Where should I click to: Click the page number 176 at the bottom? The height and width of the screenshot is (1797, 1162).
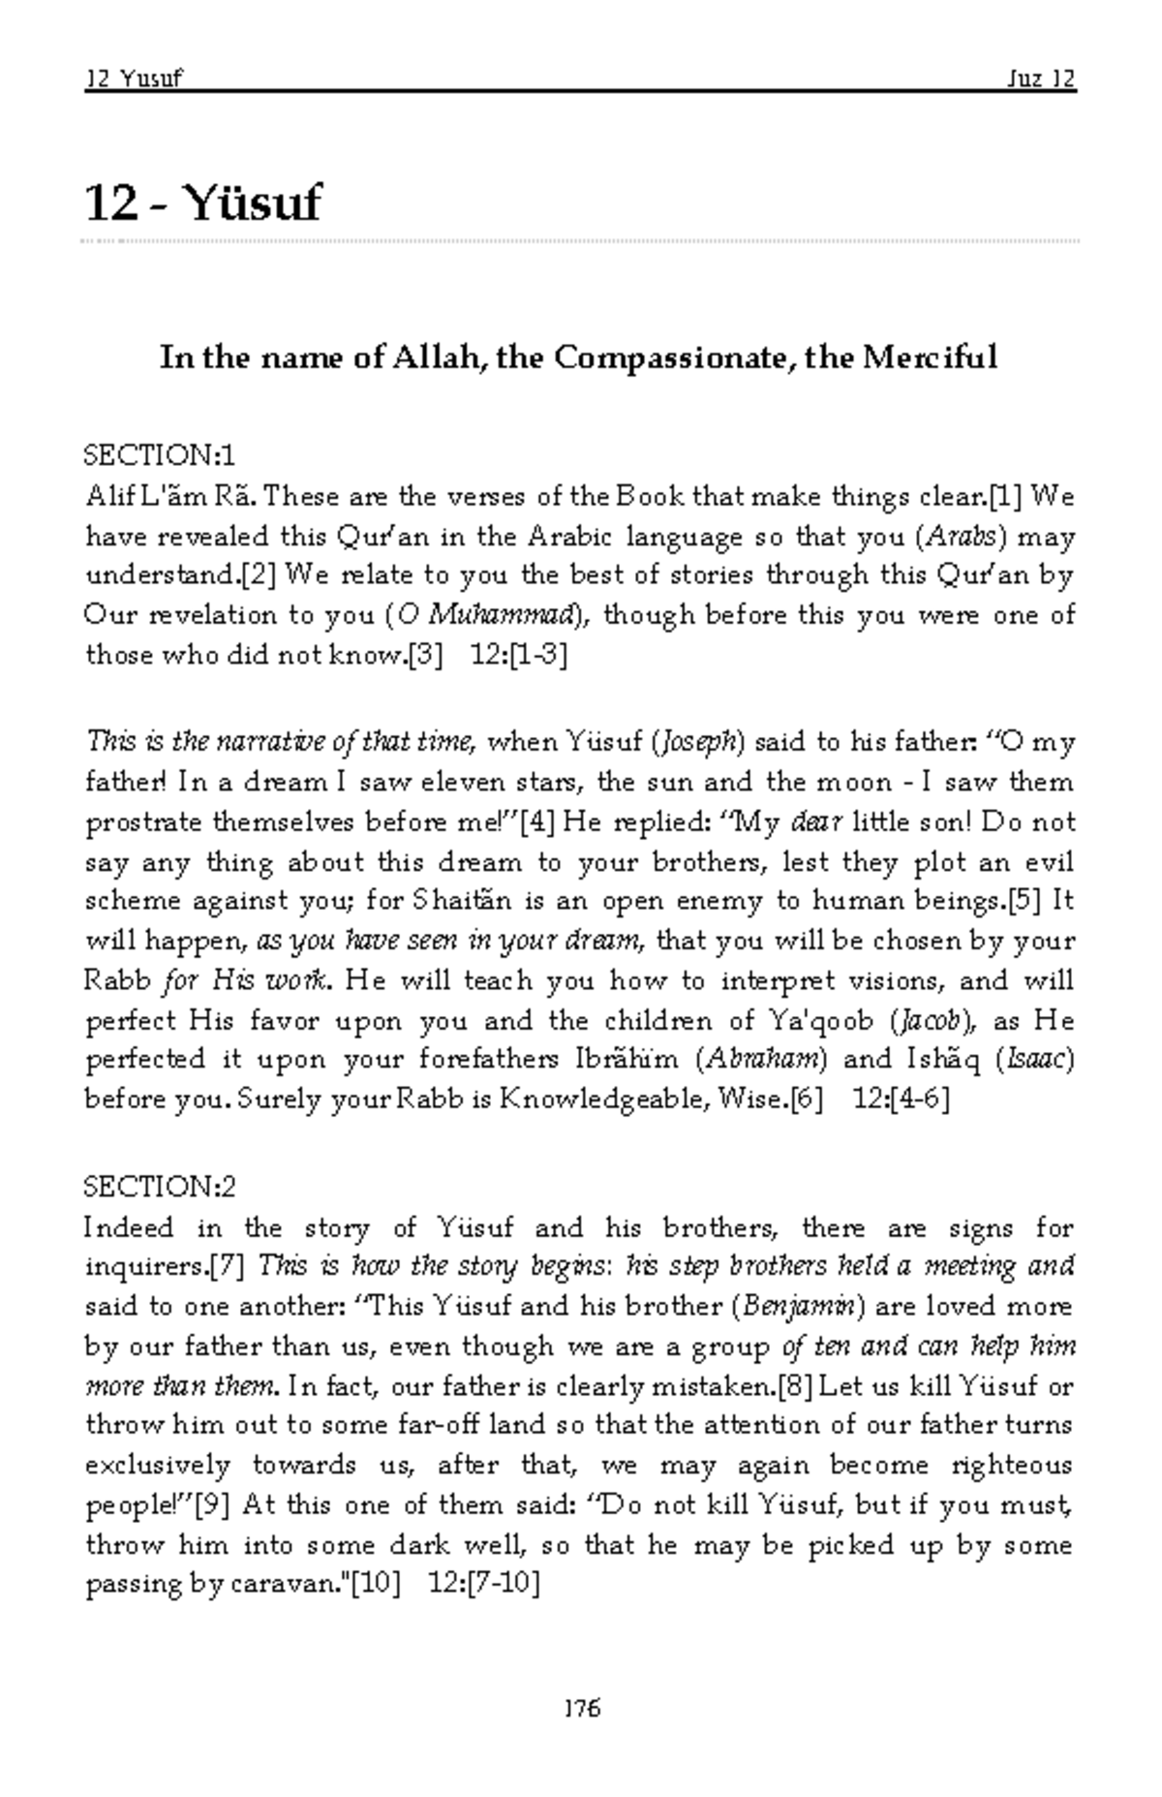[581, 1708]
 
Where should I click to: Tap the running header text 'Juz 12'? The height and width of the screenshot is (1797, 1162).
[1040, 78]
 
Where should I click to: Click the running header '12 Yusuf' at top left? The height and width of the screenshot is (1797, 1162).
[134, 78]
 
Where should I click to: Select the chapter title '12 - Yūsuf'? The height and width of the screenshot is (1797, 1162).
[202, 202]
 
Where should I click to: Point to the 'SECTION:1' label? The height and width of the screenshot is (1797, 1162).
[161, 454]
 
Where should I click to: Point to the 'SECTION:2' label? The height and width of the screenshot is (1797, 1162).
[161, 1187]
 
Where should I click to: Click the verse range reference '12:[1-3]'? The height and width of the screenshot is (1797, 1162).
[518, 656]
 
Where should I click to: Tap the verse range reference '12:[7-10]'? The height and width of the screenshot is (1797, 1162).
[483, 1585]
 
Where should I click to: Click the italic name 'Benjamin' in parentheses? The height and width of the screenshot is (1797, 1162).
[799, 1307]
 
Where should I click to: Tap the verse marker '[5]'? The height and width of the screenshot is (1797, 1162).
[1024, 902]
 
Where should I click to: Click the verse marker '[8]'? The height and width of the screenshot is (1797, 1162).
[795, 1386]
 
